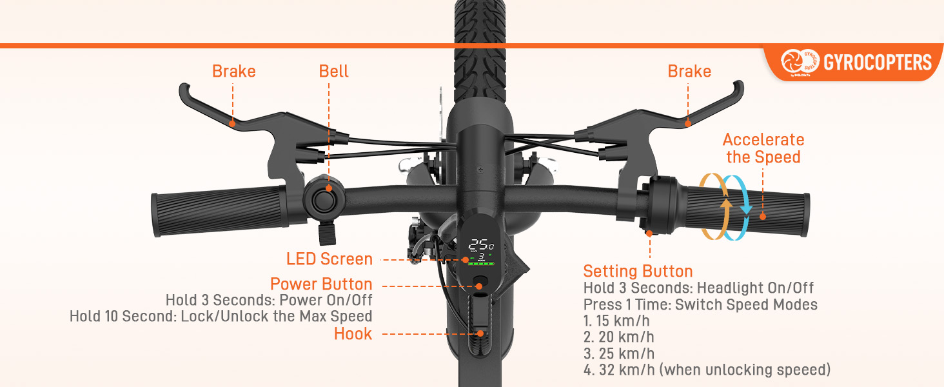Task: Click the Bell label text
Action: [333, 71]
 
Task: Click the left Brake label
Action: [233, 71]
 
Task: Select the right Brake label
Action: [689, 71]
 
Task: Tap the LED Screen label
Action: [329, 259]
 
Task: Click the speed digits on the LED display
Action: [480, 245]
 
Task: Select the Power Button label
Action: [321, 284]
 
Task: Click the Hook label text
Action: [353, 334]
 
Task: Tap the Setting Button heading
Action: [638, 271]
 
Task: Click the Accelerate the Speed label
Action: [763, 148]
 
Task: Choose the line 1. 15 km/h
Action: [618, 321]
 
